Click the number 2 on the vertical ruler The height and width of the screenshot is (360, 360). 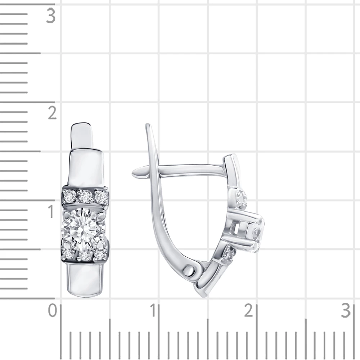click(x=52, y=113)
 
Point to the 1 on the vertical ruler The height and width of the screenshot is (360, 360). click(x=51, y=211)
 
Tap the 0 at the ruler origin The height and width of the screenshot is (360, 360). click(x=53, y=310)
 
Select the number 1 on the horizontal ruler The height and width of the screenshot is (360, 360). click(x=153, y=310)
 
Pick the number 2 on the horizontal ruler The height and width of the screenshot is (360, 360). click(x=248, y=310)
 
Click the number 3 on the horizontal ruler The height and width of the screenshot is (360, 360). click(x=346, y=310)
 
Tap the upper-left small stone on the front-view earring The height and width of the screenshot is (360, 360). click(x=69, y=196)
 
